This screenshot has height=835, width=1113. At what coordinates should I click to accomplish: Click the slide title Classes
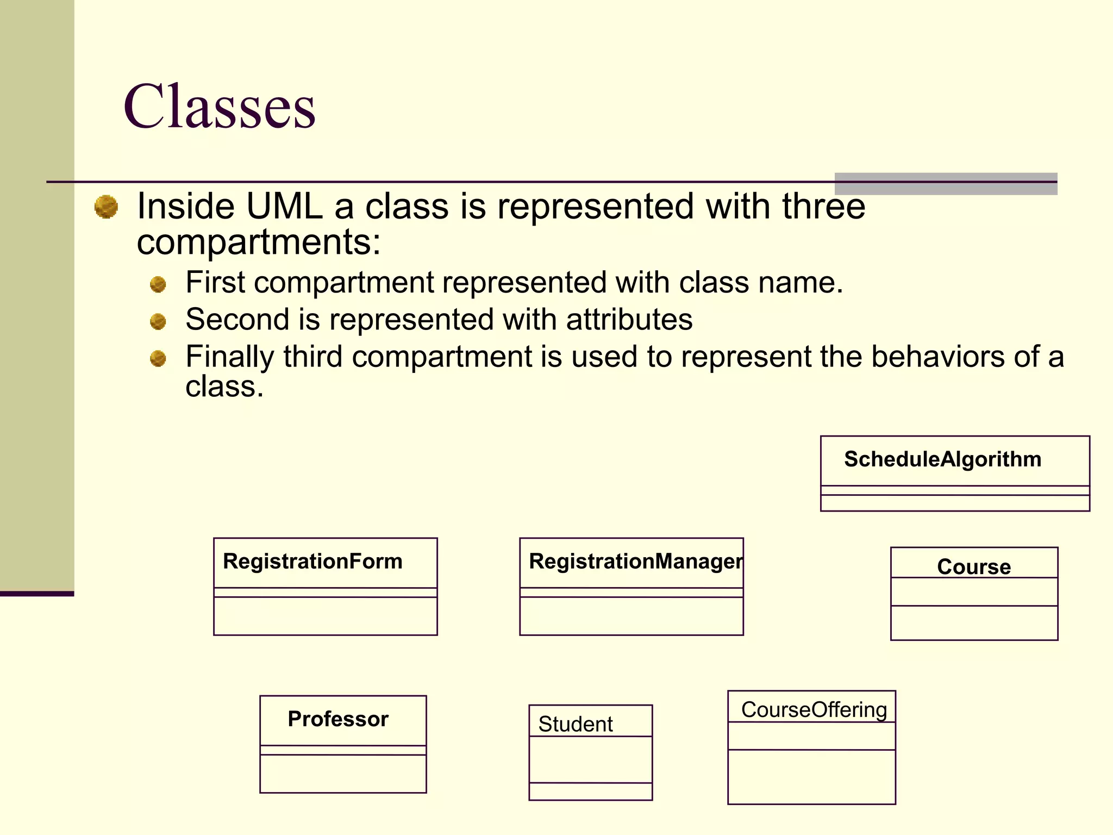pos(219,107)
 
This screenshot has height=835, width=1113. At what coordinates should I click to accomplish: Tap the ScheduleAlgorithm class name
pos(942,459)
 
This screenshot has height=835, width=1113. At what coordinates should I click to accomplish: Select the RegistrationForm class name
pos(312,562)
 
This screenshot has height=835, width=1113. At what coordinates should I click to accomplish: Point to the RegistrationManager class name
pos(635,562)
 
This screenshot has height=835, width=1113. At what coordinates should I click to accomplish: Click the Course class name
pos(974,566)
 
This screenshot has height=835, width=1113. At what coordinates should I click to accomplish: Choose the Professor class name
pos(338,719)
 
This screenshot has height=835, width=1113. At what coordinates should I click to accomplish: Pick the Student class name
pos(575,724)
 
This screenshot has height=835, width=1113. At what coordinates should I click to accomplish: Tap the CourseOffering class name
pos(814,709)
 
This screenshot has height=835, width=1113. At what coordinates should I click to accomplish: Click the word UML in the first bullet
pos(284,207)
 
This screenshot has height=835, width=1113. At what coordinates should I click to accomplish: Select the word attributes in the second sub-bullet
pos(629,319)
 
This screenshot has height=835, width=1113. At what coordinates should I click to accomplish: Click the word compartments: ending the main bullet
pos(259,242)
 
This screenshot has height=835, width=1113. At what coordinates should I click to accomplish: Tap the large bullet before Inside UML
pos(106,207)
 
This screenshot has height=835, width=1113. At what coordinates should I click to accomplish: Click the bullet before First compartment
pos(158,284)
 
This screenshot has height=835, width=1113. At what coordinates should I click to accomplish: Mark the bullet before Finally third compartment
pos(158,358)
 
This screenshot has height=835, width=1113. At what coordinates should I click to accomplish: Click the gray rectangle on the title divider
pos(946,184)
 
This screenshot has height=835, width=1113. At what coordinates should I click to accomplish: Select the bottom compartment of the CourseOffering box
pos(811,776)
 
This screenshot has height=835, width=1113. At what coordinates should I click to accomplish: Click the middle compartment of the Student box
pos(590,759)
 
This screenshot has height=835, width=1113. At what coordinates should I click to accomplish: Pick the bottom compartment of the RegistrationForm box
pos(325,616)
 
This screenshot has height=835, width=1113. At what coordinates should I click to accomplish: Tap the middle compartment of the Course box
pos(974,591)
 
